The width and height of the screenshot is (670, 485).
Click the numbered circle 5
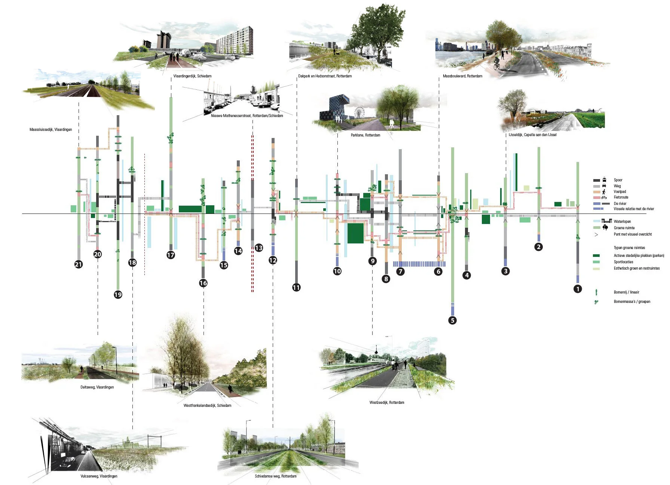[452, 320]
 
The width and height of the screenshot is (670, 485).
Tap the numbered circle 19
[118, 295]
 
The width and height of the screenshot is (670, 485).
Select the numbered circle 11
[296, 288]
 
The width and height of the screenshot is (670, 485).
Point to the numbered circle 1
[578, 289]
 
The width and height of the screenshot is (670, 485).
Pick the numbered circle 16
[203, 283]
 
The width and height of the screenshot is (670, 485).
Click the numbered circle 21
[78, 264]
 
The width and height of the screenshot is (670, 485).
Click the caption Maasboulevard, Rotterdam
[462, 76]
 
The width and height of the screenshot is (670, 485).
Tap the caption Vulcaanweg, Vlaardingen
[99, 476]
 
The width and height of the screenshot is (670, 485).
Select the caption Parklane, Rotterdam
[365, 135]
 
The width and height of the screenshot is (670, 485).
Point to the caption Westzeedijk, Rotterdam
[386, 402]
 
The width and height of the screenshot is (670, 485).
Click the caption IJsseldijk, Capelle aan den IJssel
[532, 135]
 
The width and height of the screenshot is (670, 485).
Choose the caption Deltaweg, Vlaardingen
[97, 387]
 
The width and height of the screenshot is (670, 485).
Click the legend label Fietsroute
[621, 197]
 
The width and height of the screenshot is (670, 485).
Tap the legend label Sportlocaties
[623, 262]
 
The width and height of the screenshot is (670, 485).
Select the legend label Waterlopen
[622, 221]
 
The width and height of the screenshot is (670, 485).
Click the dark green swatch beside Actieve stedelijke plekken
[596, 256]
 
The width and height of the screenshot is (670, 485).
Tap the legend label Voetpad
[619, 191]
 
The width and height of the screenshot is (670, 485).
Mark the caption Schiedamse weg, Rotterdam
[275, 476]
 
